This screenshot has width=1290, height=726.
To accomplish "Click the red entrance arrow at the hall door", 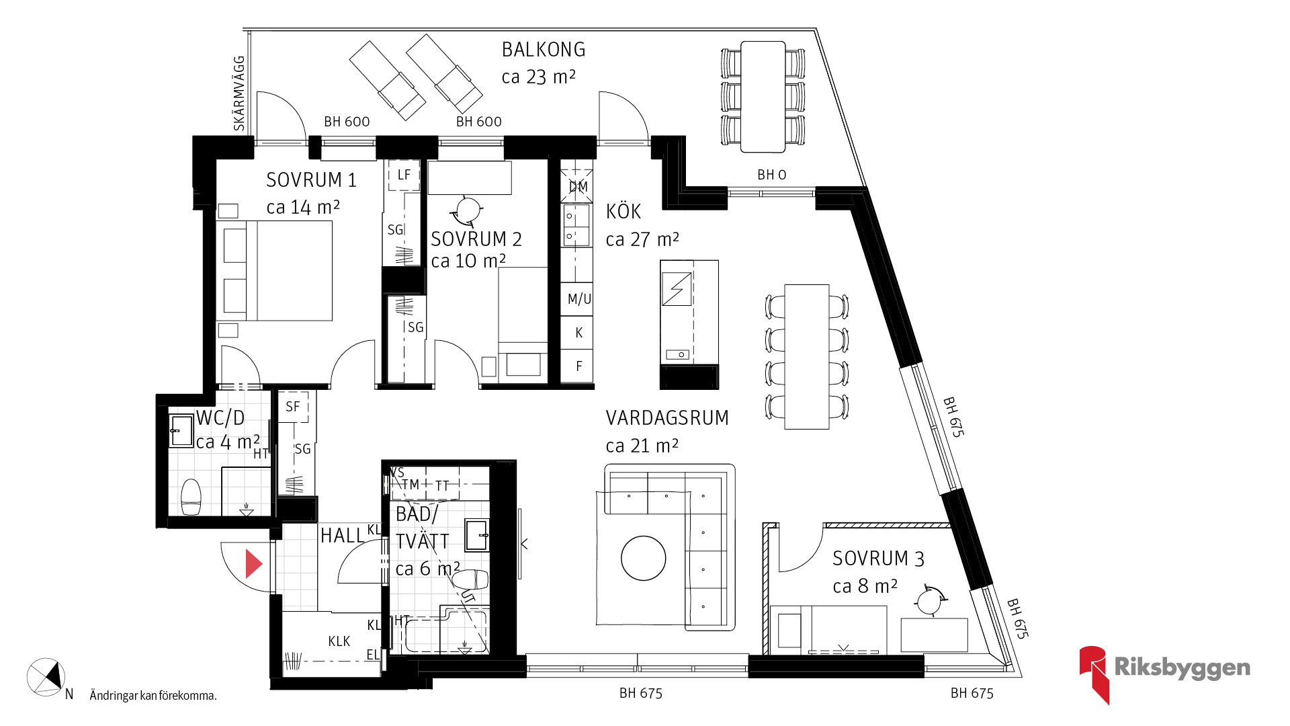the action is coord(253,564).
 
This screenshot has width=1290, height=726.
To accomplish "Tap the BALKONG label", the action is coord(544,50).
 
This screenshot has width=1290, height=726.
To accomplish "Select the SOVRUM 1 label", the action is coord(311,180).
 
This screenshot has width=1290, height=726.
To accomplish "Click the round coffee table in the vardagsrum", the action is coord(644,558).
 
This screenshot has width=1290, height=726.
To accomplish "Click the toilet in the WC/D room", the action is coord(191,496).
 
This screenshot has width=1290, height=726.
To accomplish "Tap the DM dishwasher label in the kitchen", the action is coord(578,187).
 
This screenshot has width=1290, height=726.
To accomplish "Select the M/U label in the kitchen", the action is coord(579,299).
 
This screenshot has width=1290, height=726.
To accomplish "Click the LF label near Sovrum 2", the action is coord(404,175).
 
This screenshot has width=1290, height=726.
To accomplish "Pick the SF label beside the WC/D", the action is coord(292,407).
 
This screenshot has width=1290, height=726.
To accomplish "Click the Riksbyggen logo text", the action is coord(1182,668).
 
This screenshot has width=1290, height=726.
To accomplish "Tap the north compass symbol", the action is coord(46,677).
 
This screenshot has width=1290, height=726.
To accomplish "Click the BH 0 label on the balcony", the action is coord(771,175).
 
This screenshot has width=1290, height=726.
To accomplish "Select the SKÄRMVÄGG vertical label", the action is coord(239,93).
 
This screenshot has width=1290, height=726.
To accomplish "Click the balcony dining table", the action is coord(763,97).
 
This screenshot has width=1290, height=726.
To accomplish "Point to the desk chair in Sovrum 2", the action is coord(468,210).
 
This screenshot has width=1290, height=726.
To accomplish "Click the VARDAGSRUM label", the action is coord(667,418).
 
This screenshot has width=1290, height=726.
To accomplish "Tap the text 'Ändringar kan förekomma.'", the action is coord(153,696).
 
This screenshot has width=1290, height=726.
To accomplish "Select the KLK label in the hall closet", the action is coord(339,641).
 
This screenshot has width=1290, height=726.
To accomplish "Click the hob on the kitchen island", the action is coord(677,289).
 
